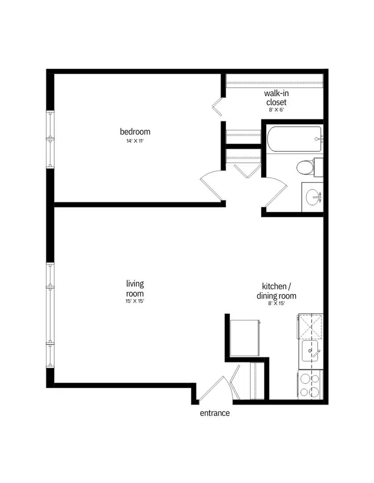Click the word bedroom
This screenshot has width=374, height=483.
point(135,131)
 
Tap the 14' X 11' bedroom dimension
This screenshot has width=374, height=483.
point(135,141)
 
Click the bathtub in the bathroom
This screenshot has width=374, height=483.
point(294,139)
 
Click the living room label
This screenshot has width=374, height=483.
point(135,288)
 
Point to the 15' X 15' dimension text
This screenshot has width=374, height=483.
point(135,301)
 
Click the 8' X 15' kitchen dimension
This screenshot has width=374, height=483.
point(276,303)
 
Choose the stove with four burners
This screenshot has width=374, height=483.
point(310,385)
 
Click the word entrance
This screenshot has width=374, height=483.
point(214,413)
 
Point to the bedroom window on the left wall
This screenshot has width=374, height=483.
point(51,139)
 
